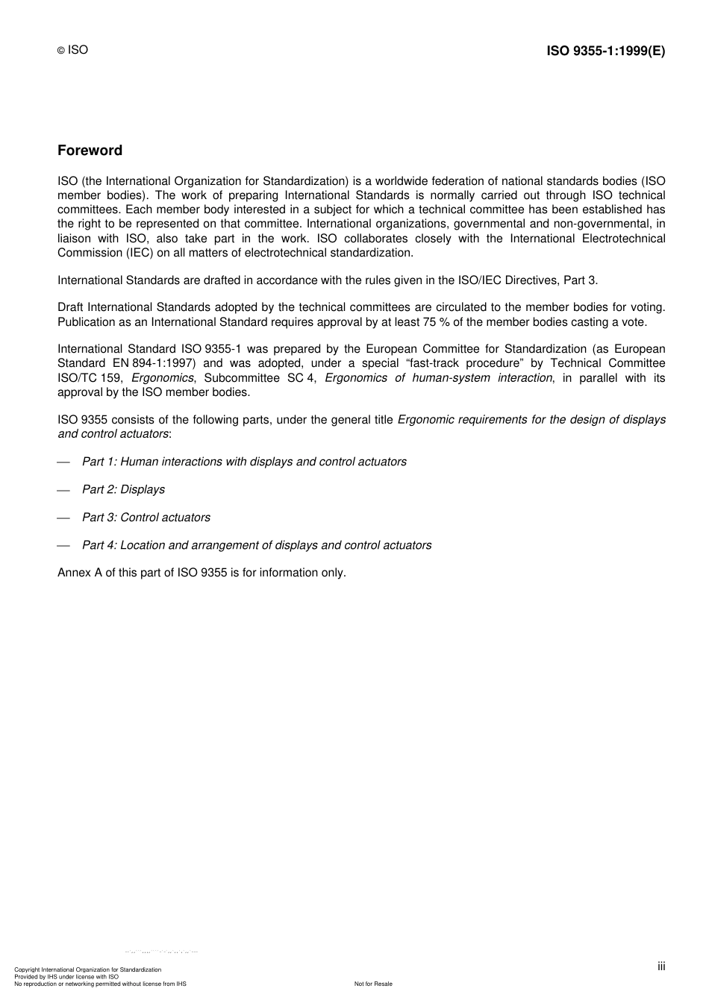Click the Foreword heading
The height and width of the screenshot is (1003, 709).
pyautogui.click(x=90, y=151)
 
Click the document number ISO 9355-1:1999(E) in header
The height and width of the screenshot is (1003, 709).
pyautogui.click(x=605, y=51)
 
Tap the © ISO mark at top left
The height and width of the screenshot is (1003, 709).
pyautogui.click(x=72, y=50)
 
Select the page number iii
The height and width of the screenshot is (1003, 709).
pyautogui.click(x=661, y=966)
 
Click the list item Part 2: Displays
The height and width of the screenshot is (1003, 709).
pyautogui.click(x=123, y=490)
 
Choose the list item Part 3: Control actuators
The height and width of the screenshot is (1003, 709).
pyautogui.click(x=146, y=518)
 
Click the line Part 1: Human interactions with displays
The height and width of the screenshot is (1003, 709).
pyautogui.click(x=244, y=462)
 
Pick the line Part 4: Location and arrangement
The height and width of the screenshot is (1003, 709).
pyautogui.click(x=256, y=545)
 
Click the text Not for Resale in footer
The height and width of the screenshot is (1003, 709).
pyautogui.click(x=373, y=984)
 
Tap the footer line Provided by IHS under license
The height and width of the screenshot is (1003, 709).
pyautogui.click(x=66, y=977)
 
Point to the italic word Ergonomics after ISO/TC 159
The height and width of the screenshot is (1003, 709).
pyautogui.click(x=162, y=378)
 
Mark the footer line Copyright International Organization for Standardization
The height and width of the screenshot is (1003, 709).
pyautogui.click(x=88, y=969)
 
